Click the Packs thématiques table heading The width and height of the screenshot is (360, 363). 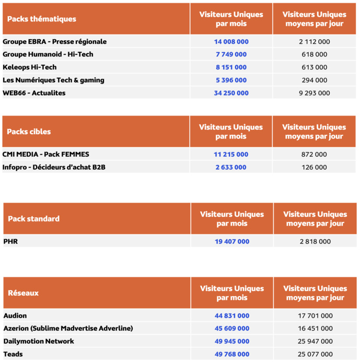click(x=41, y=19)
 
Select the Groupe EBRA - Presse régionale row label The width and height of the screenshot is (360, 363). click(x=54, y=41)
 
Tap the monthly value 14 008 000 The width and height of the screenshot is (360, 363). click(x=231, y=41)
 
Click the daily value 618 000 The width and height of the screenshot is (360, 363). click(x=314, y=54)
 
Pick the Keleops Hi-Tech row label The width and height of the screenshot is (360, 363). click(x=29, y=67)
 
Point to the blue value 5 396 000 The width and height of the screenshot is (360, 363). click(x=231, y=80)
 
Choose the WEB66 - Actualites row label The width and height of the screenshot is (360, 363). click(x=41, y=93)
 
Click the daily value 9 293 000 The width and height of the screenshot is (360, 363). click(x=314, y=93)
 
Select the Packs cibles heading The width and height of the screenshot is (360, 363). click(x=29, y=132)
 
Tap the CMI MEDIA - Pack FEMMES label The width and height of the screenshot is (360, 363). click(x=45, y=155)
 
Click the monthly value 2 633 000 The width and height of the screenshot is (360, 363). click(x=231, y=167)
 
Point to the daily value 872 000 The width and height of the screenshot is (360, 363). click(x=314, y=155)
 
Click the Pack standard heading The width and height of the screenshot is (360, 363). click(x=33, y=218)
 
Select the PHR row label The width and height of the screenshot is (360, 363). click(x=10, y=242)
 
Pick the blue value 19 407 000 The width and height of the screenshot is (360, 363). click(x=231, y=242)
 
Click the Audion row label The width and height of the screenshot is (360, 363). click(x=15, y=316)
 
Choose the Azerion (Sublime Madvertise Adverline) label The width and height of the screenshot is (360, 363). click(x=68, y=329)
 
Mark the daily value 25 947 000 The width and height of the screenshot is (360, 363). click(x=315, y=342)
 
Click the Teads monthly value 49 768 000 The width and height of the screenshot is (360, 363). click(x=231, y=354)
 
